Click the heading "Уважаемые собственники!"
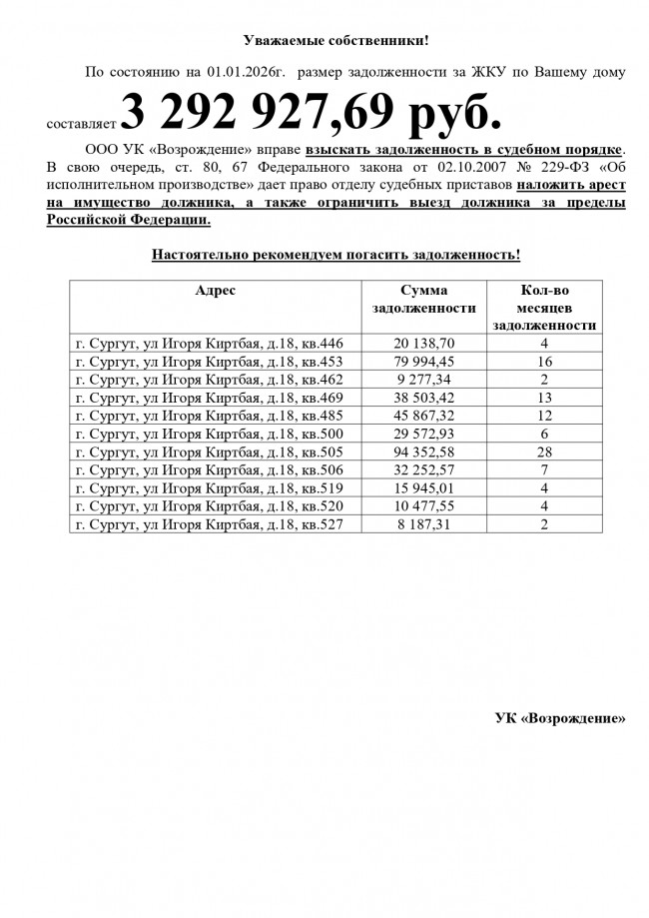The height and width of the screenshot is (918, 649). pyautogui.click(x=335, y=41)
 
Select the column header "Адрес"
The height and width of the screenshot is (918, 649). pyautogui.click(x=216, y=291)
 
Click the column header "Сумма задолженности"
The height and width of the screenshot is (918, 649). pyautogui.click(x=423, y=299)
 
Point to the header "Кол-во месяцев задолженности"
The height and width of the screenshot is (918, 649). pyautogui.click(x=545, y=307)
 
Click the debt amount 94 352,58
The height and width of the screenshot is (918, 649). pyautogui.click(x=423, y=453)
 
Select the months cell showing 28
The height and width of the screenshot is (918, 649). pyautogui.click(x=545, y=453)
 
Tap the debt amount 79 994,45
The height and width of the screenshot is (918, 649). pyautogui.click(x=423, y=362)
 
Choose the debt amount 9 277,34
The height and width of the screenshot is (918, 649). pyautogui.click(x=423, y=380)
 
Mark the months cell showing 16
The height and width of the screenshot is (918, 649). pyautogui.click(x=545, y=362)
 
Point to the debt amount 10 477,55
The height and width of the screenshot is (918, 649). pyautogui.click(x=423, y=505)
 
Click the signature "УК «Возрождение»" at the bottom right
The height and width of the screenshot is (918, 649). pyautogui.click(x=560, y=718)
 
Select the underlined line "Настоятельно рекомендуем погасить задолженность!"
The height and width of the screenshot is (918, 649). pyautogui.click(x=335, y=255)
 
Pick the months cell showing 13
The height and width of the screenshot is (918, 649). pyautogui.click(x=545, y=398)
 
